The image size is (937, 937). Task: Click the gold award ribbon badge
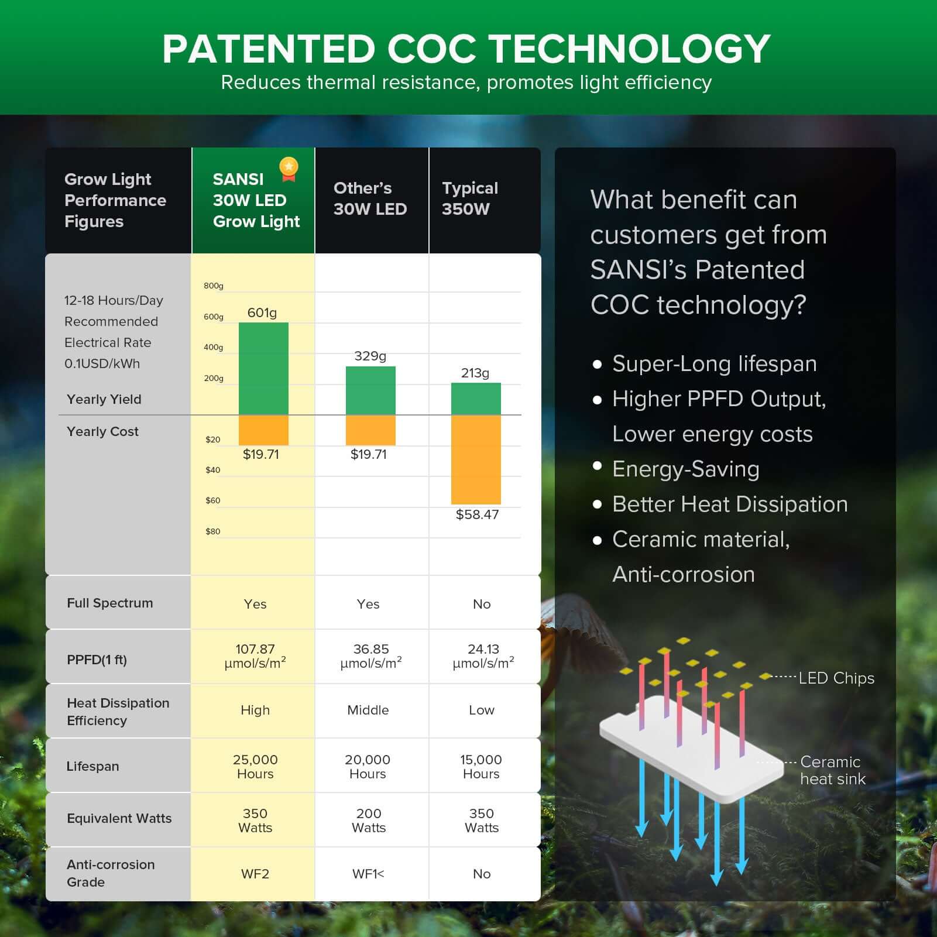289,169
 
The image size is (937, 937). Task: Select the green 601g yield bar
263,369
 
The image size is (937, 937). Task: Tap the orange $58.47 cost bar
476,459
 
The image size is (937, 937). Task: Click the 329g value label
370,356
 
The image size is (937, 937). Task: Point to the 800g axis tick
214,286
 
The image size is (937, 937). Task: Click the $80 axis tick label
212,531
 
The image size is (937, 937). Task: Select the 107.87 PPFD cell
255,656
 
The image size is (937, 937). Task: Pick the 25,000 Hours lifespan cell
255,766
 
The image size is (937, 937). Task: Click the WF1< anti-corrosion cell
368,874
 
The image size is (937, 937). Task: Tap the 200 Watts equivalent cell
369,820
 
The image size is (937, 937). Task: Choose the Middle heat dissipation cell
368,710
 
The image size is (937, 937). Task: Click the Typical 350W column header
469,198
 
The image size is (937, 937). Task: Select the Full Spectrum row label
110,603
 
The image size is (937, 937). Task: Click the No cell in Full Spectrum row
482,604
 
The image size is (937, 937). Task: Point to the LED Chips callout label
836,678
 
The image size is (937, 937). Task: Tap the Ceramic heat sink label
832,770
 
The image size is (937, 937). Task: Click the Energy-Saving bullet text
685,469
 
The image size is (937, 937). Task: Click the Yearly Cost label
102,431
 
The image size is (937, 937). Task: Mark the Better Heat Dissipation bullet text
730,504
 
